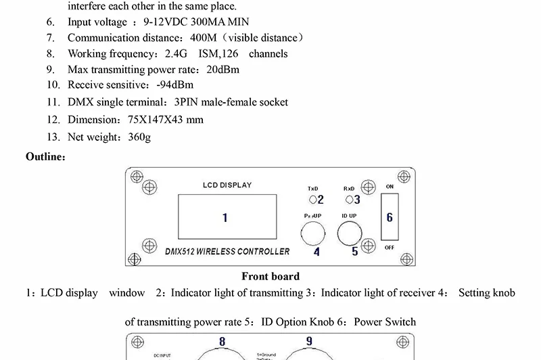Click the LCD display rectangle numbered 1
225,218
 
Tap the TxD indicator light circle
312,200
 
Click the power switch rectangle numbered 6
390,217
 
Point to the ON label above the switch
390,186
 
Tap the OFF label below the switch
390,248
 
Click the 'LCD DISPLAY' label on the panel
227,185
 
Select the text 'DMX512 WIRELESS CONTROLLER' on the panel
227,252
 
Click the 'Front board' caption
270,276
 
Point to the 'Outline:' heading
46,157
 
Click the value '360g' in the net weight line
139,137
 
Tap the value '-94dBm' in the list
174,85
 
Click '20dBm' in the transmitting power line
222,69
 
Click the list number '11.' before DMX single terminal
54,102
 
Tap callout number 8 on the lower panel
222,342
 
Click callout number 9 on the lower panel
309,341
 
